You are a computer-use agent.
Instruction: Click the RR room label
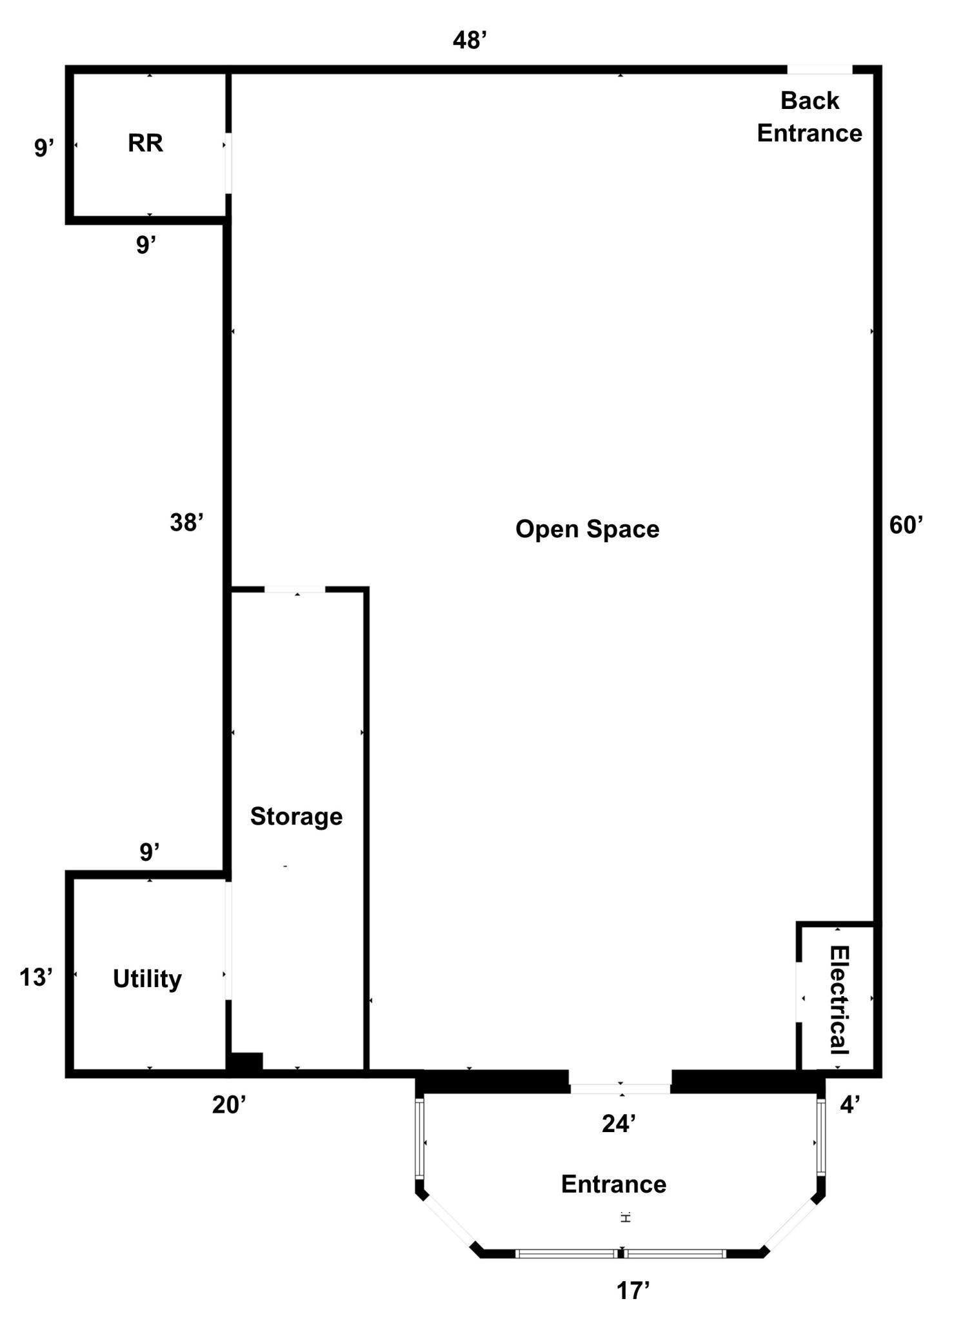pos(145,143)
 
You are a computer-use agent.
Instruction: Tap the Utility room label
pos(147,979)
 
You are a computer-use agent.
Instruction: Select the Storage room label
pos(296,817)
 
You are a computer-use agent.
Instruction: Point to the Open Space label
pos(587,529)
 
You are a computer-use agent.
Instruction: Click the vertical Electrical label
pos(839,999)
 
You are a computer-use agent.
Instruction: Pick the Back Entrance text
pos(809,117)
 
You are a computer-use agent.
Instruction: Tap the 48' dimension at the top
pos(469,41)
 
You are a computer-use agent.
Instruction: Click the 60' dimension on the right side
pos(906,525)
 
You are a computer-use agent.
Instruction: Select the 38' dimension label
pos(187,522)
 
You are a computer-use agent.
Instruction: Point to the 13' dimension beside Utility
pos(35,978)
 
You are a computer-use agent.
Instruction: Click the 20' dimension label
pos(230,1105)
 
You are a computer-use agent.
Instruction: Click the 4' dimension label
pos(849,1105)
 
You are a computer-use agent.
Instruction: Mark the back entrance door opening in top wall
pos(820,70)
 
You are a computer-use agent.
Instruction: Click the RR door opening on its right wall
pos(228,162)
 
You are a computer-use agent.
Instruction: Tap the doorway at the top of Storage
pos(295,589)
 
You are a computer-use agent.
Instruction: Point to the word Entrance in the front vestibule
pos(613,1184)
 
